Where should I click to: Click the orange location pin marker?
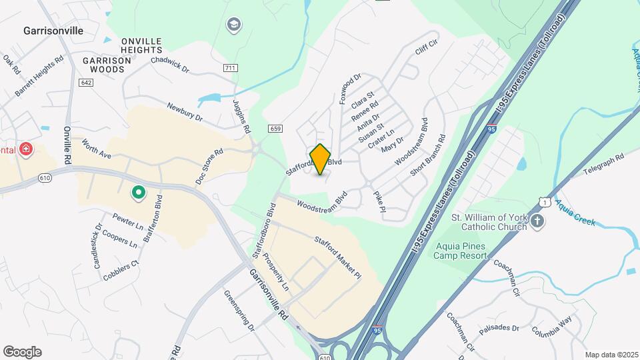pyautogui.click(x=321, y=159)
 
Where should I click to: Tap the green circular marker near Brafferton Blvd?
pyautogui.click(x=138, y=193)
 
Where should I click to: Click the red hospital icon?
pyautogui.click(x=26, y=149)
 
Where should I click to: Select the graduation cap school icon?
pyautogui.click(x=233, y=26)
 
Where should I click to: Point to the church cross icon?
pyautogui.click(x=537, y=221)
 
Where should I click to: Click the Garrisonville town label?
pyautogui.click(x=53, y=31)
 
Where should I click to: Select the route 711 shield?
pyautogui.click(x=231, y=68)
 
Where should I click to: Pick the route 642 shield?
pyautogui.click(x=85, y=82)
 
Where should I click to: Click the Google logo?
pyautogui.click(x=22, y=352)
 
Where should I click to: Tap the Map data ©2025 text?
pyautogui.click(x=611, y=355)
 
